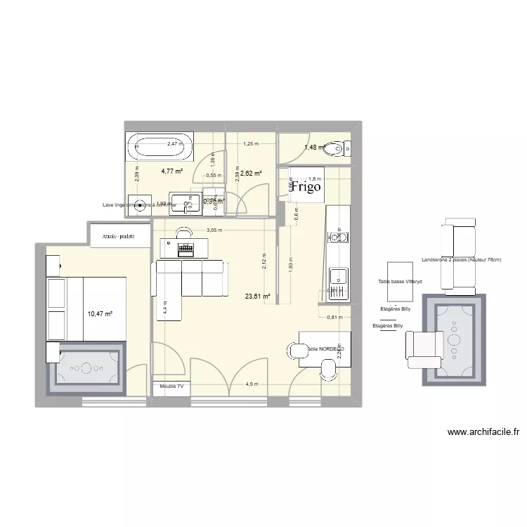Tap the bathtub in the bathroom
click(x=160, y=148)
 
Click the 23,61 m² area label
click(x=257, y=297)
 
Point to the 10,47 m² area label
click(x=99, y=314)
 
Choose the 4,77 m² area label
click(x=172, y=169)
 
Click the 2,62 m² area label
click(x=251, y=173)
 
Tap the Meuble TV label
click(x=171, y=386)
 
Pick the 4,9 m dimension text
click(x=252, y=384)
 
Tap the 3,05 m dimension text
click(x=214, y=230)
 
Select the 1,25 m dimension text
click(x=249, y=144)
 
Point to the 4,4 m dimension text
click(x=165, y=306)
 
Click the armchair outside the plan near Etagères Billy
click(x=422, y=346)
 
